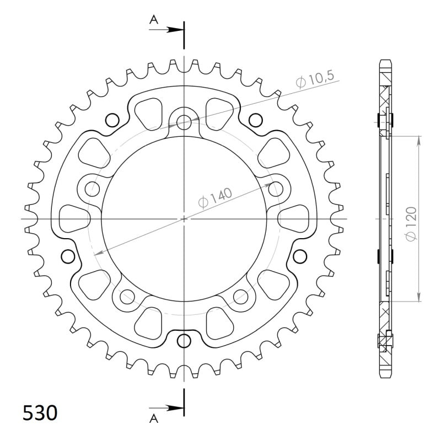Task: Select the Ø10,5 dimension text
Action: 315,79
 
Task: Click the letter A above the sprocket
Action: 154,20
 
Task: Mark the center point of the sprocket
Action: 184,219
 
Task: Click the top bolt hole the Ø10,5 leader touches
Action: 184,122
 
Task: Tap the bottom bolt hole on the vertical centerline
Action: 184,341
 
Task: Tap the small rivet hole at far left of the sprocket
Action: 68,256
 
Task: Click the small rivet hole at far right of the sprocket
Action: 300,256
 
